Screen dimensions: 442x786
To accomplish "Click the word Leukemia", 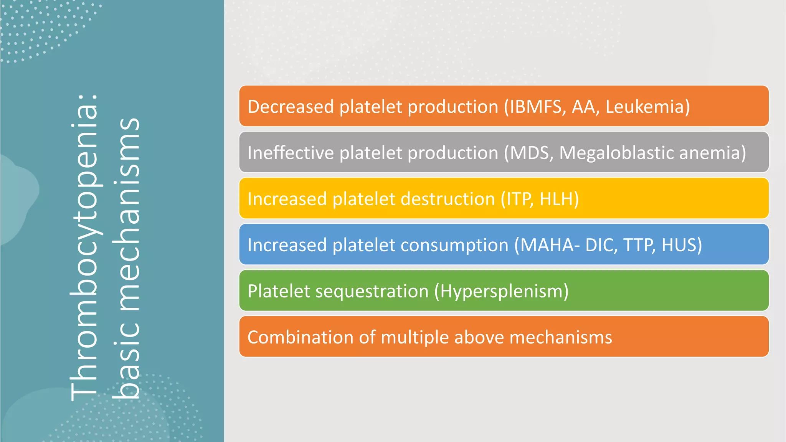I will click(645, 107).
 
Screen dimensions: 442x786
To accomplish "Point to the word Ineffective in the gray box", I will click(291, 153).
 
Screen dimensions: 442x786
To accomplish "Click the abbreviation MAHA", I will click(547, 245).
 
